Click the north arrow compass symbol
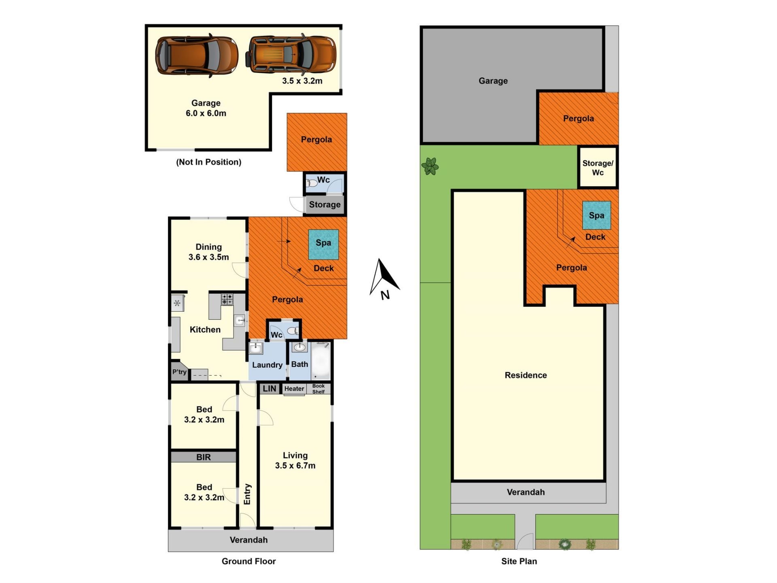click(x=384, y=279)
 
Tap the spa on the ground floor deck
click(x=323, y=245)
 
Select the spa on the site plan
click(x=597, y=215)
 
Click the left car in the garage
click(x=197, y=55)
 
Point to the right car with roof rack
click(x=291, y=54)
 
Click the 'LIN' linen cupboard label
click(x=269, y=389)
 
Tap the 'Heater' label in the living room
click(x=294, y=389)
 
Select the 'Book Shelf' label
click(x=318, y=389)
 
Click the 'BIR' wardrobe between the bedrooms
click(x=203, y=457)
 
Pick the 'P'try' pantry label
click(x=179, y=372)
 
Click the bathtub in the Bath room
click(x=320, y=360)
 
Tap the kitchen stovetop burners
click(x=227, y=300)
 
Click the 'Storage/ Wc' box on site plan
click(x=598, y=167)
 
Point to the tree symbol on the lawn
click(x=430, y=166)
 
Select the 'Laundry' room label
click(x=267, y=365)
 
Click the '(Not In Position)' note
click(x=208, y=162)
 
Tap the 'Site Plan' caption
click(x=519, y=561)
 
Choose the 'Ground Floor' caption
click(x=248, y=561)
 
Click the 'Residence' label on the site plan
click(x=526, y=375)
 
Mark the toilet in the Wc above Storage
click(x=312, y=183)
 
